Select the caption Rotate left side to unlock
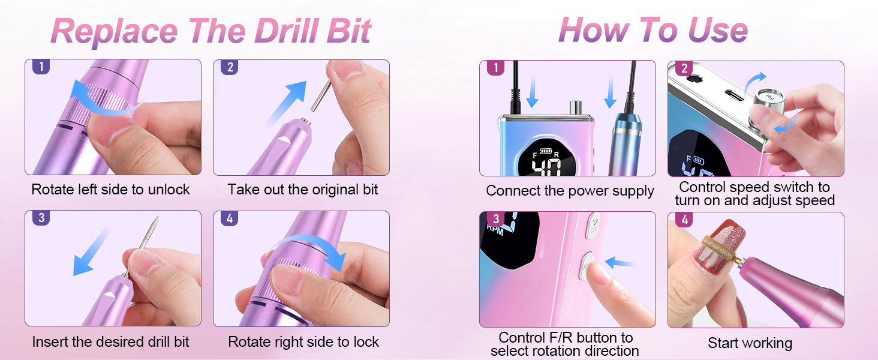(110, 190)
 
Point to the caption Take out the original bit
(303, 190)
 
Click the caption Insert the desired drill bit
(110, 342)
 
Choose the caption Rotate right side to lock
(303, 342)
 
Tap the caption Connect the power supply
(570, 191)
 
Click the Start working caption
(750, 343)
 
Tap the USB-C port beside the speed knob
(730, 96)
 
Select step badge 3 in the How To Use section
(495, 219)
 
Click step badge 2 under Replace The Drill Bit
(230, 67)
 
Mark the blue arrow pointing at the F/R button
(620, 262)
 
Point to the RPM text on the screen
(495, 229)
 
